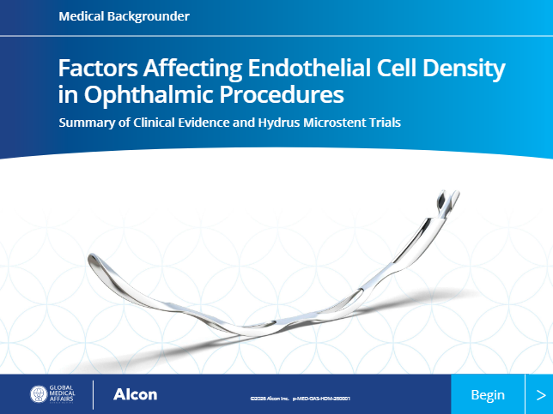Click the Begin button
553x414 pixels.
[x=488, y=395]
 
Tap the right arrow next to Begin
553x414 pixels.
[x=539, y=395]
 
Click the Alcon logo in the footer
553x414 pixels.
[x=135, y=395]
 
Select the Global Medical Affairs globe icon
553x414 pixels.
[x=40, y=395]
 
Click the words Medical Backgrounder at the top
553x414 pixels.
[x=125, y=16]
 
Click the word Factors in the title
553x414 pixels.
[x=92, y=68]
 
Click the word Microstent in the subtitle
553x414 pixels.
[x=337, y=122]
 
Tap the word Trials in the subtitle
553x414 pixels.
[x=386, y=122]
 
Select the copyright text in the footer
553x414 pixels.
[x=300, y=399]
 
